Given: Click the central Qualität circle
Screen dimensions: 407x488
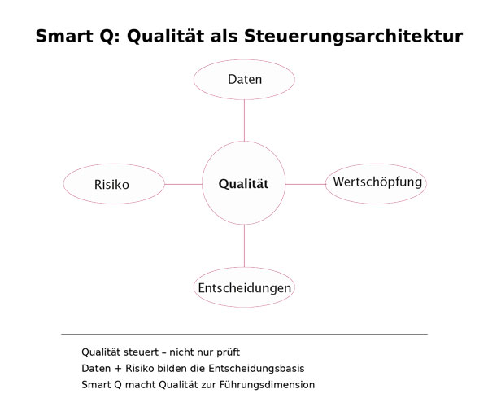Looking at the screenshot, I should click(x=244, y=184).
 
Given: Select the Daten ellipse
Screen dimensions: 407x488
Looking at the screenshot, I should click(x=244, y=80).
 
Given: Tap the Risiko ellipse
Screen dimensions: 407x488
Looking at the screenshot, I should click(x=112, y=185).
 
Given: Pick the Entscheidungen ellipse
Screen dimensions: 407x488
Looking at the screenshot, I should click(x=244, y=288).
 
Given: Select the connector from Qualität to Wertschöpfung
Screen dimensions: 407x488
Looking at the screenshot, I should click(x=306, y=184).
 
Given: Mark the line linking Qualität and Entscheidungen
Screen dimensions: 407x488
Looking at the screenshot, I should click(x=244, y=247).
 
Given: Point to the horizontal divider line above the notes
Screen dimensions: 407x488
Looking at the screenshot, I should click(x=244, y=334).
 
